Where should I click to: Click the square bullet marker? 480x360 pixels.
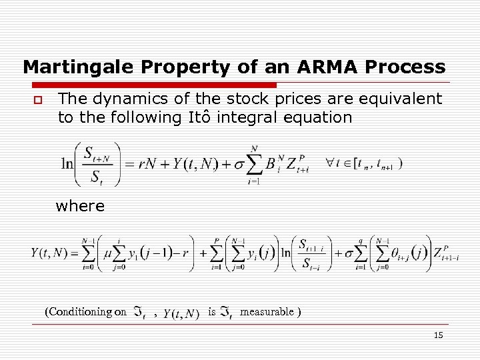click(38, 100)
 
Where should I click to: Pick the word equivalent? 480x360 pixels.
click(397, 99)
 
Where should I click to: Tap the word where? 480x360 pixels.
click(81, 206)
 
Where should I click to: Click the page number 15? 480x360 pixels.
click(438, 335)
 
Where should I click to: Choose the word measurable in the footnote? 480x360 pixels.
click(267, 311)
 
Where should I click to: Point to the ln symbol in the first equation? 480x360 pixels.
click(67, 164)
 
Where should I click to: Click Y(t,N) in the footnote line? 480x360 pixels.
click(181, 313)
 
